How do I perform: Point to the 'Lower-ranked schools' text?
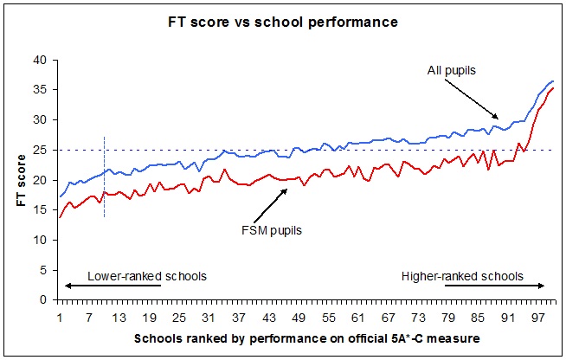click(136, 276)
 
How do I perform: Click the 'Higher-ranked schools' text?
click(463, 276)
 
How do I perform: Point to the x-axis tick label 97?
click(537, 316)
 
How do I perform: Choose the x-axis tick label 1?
click(60, 316)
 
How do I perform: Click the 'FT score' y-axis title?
click(19, 180)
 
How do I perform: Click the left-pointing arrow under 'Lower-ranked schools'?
click(113, 286)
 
